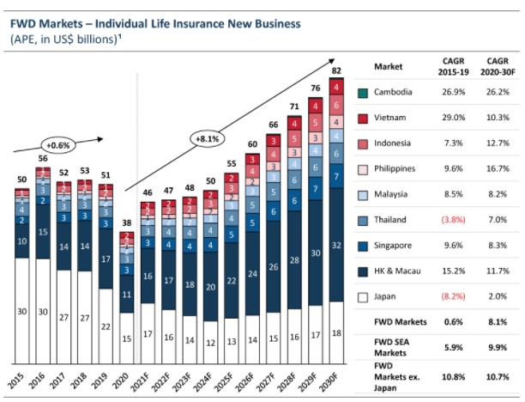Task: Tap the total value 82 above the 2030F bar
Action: [337, 70]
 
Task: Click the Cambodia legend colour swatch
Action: [364, 92]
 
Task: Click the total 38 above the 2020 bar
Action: [126, 222]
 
